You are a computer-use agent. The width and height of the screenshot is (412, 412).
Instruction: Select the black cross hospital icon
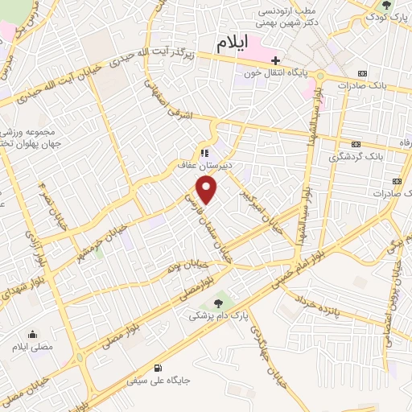276,61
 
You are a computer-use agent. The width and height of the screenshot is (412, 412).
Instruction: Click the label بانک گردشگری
357,158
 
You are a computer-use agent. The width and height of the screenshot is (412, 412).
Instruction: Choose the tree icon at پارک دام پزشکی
218,303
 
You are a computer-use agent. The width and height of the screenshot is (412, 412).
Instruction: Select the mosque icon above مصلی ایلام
33,334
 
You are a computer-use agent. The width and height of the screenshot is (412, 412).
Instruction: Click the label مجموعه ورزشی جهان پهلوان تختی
31,136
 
